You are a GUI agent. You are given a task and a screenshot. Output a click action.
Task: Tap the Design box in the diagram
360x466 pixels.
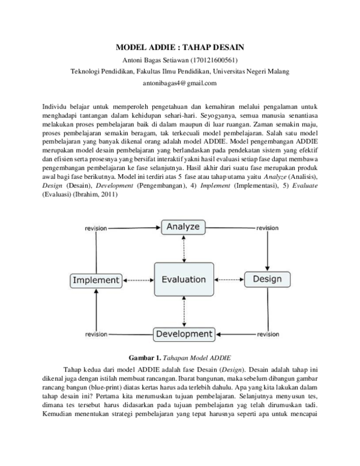click(267, 279)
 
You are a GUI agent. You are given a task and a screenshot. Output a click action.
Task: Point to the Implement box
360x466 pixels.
click(96, 280)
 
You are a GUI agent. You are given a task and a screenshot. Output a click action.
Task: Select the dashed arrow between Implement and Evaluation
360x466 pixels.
click(137, 280)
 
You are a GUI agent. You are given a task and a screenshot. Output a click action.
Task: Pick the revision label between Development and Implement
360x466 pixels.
click(96, 334)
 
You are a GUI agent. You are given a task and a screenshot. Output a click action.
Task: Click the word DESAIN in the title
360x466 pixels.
click(225, 47)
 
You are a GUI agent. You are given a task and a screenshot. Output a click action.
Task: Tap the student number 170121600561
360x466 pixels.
click(213, 59)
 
